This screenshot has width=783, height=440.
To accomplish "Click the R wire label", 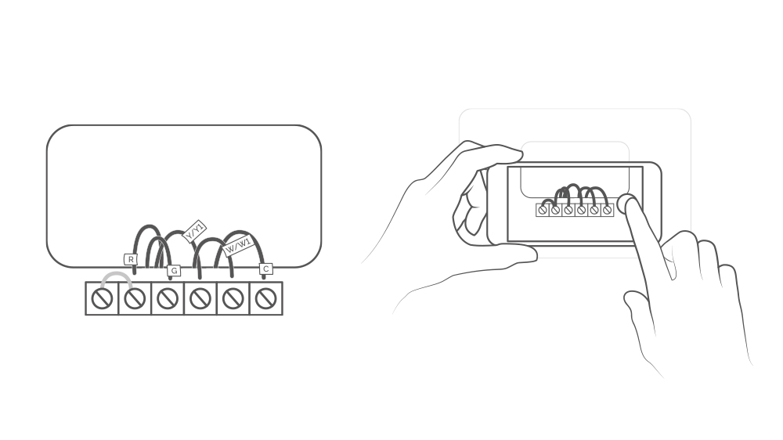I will (131, 259).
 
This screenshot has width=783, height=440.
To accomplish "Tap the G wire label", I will (174, 270).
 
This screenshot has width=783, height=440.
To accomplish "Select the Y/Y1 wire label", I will (193, 231).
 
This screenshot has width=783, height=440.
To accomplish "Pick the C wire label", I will (265, 269).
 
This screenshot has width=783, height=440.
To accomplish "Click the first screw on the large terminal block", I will (102, 298).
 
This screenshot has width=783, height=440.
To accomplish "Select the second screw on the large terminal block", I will (135, 298).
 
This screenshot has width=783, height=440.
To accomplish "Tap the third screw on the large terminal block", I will (168, 298).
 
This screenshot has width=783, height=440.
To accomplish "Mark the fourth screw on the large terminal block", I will (200, 298).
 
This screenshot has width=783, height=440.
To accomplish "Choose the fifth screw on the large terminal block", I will (233, 298).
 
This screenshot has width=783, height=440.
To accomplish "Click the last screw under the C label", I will (266, 298).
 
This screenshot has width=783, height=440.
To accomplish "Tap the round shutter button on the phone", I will (626, 204).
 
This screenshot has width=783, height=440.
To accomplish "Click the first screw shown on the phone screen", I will (543, 210).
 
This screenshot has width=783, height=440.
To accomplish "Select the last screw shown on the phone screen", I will (607, 210).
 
